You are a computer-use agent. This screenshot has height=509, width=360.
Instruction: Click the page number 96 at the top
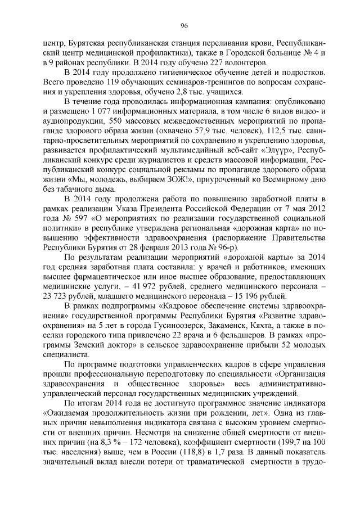183,25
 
